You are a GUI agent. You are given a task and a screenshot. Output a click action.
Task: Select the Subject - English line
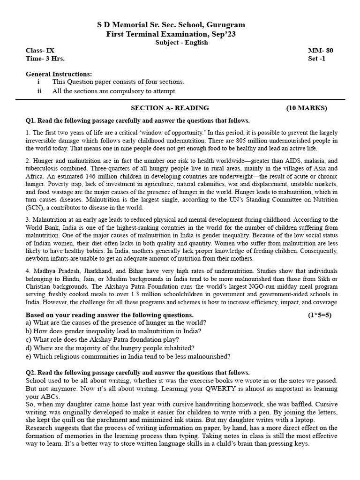181,42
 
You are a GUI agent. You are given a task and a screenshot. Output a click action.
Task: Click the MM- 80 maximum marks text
321,51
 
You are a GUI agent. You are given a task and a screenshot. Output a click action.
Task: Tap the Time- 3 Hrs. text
45,59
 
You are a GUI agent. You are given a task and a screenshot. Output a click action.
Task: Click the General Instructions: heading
59,74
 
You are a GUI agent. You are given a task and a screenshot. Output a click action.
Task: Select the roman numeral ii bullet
39,91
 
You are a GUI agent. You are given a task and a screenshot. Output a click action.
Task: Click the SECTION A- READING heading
170,108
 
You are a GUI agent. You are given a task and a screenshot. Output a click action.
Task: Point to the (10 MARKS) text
307,108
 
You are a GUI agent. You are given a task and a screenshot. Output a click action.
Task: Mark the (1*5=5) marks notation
319,315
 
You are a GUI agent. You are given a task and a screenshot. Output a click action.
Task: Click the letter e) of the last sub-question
28,356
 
